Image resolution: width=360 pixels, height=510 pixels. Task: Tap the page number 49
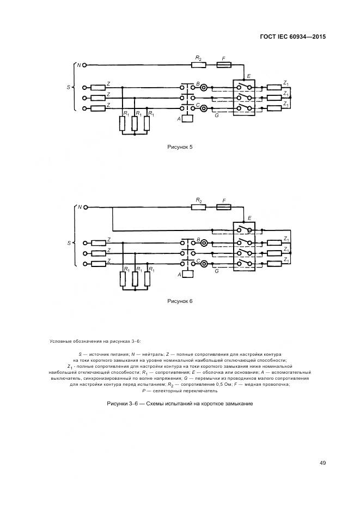pos(322,463)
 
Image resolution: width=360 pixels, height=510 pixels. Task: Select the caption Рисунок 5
pos(180,147)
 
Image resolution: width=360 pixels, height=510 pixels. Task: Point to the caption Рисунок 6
pos(180,301)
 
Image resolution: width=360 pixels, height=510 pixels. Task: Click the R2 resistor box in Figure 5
pos(199,65)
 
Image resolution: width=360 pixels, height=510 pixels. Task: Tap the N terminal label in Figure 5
pos(78,65)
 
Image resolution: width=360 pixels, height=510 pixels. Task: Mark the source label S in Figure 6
pos(69,242)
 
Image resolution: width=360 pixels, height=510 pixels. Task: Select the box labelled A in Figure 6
pos(188,275)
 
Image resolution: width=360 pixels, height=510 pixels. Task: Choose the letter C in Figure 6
pos(198,261)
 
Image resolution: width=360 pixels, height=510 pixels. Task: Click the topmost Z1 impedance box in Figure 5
pos(273,87)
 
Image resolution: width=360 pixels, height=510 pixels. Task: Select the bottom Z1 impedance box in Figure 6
pos(273,264)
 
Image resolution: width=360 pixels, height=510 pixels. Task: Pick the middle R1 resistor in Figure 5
pos(134,124)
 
